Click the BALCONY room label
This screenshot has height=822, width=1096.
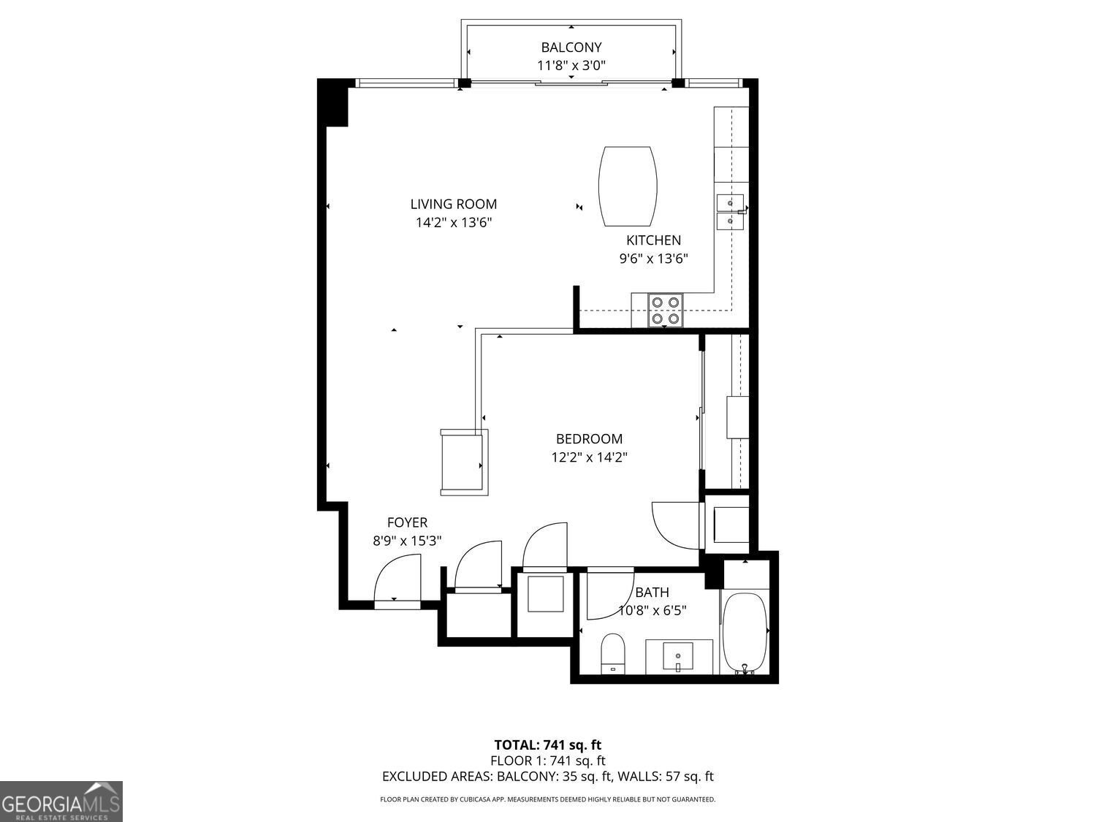coord(571,47)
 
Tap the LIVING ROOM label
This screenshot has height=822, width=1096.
coord(453,205)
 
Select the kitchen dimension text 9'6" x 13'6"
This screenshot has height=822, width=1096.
coord(653,258)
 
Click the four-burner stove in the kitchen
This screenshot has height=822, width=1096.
coord(666,310)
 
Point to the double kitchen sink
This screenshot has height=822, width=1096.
coord(730,211)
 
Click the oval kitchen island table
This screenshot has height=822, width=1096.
coord(627,186)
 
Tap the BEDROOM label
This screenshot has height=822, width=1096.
coord(589,439)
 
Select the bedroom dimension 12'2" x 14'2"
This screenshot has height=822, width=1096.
coord(589,457)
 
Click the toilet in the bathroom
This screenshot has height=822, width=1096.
coord(612,652)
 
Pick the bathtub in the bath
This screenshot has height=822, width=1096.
coord(745,633)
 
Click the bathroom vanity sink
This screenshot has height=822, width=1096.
coord(679,656)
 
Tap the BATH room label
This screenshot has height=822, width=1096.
coord(652,593)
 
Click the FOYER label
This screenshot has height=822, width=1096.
coord(407,522)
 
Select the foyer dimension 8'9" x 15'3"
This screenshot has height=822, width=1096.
coord(407,541)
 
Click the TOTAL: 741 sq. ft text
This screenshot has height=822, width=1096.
coord(547,745)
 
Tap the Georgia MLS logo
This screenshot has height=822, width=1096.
coord(61,802)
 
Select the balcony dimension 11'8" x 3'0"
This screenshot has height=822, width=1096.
coord(571,66)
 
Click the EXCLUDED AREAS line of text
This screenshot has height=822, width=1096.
coord(547,777)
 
